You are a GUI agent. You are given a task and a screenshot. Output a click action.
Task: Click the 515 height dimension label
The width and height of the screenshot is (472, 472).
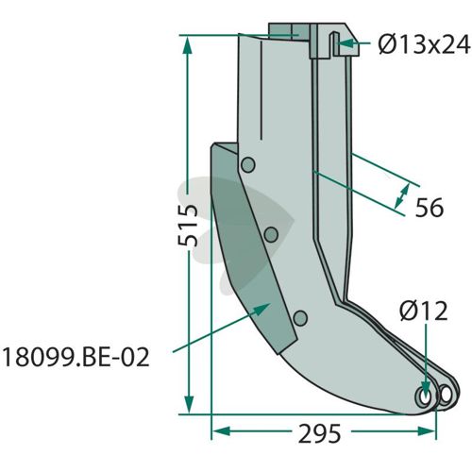pos(188,226)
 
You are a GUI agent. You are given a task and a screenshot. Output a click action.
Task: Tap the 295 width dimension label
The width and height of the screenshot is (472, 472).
pos(319,433)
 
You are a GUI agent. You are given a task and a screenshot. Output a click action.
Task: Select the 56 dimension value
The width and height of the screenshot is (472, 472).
pos(430,208)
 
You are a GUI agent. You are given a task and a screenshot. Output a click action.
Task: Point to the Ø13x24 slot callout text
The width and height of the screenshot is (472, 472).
pos(424,43)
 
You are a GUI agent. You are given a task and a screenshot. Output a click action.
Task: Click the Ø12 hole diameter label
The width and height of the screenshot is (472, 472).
pos(424,311)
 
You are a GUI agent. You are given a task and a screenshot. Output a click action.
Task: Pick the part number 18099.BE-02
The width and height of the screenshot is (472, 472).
pos(76,358)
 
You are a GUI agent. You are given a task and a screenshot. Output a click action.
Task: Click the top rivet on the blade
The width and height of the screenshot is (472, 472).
pos(248,165)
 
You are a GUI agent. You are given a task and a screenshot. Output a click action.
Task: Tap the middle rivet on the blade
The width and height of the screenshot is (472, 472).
pos(271,235)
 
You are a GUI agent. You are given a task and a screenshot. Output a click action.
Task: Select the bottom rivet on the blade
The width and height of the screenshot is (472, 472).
pos(300,318)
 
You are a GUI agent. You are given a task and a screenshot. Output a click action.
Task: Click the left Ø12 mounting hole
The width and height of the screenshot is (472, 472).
pos(425,397)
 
